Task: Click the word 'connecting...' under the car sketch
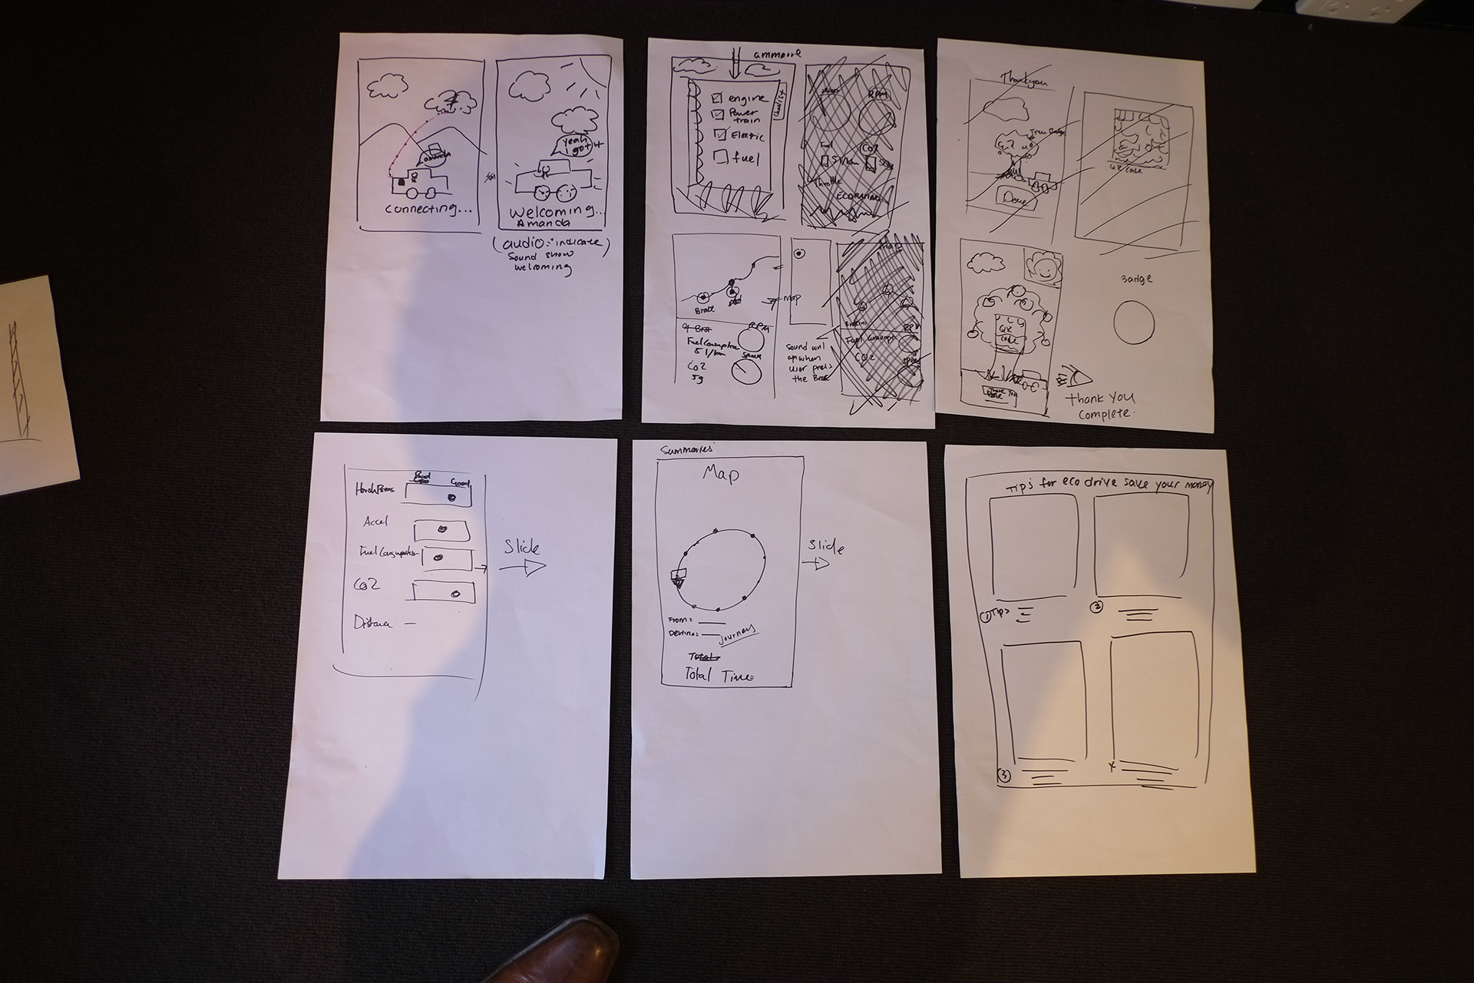[x=428, y=209]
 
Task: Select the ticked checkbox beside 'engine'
[x=717, y=98]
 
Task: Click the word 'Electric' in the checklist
[x=747, y=137]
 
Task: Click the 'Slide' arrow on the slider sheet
[x=522, y=559]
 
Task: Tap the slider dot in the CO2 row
[x=455, y=594]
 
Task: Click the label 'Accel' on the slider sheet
[x=376, y=521]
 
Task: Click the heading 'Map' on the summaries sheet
[x=721, y=475]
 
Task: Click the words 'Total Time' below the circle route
[x=719, y=676]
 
